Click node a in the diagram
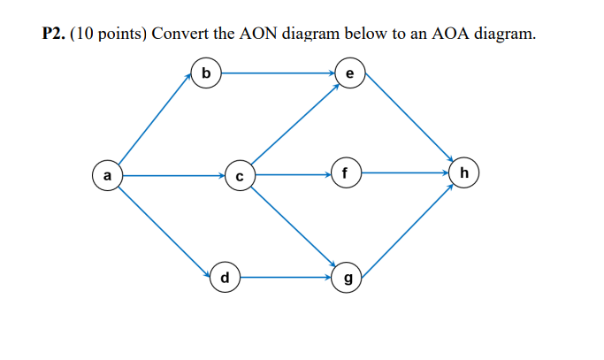coord(108,175)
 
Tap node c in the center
coord(239,175)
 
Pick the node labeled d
coord(225,278)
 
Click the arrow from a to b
coord(156,123)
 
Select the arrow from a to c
coord(173,175)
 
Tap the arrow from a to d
coord(164,226)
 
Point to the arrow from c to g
coord(292,226)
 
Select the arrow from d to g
coord(286,277)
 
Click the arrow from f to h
coord(404,172)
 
